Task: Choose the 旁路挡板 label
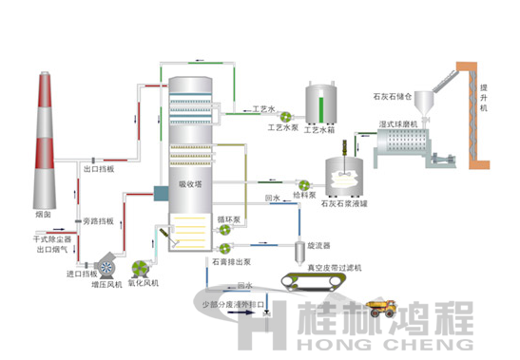99,220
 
